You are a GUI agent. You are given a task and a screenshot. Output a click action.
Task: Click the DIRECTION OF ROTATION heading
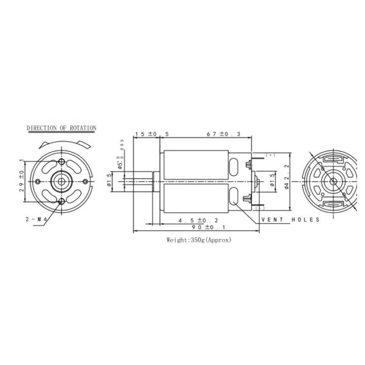[61, 128]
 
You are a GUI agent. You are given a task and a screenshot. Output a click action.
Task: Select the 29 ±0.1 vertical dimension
[21, 181]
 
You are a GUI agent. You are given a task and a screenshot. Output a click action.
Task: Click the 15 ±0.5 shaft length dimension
[146, 134]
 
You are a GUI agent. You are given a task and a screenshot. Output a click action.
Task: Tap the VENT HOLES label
[290, 219]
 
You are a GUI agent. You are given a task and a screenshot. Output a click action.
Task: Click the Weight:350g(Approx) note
[199, 240]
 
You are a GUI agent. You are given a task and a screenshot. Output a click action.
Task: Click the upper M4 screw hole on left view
[63, 161]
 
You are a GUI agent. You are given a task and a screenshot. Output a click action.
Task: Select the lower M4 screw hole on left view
[63, 201]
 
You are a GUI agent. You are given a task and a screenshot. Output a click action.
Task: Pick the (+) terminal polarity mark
[270, 156]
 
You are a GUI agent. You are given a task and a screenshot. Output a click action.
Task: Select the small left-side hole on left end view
[38, 181]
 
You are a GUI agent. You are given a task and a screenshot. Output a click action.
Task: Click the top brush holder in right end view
[333, 160]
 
